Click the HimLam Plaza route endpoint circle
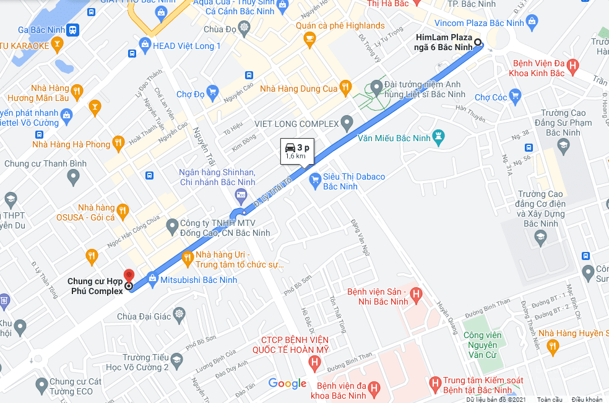click(x=478, y=43)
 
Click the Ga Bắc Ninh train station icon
click(x=73, y=30)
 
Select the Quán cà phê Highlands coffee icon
click(x=309, y=40)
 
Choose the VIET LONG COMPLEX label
click(x=296, y=124)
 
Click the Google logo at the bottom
click(x=287, y=384)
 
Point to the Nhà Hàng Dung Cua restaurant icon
click(x=347, y=89)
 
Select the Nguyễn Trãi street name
click(x=203, y=147)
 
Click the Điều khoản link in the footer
click(x=586, y=399)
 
